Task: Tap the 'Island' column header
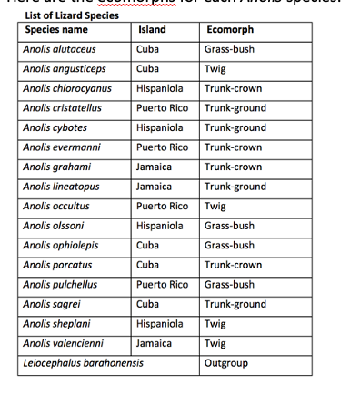pyautogui.click(x=150, y=30)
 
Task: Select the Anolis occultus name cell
pyautogui.click(x=56, y=207)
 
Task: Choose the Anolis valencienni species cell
pyautogui.click(x=63, y=344)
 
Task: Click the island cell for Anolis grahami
pyautogui.click(x=154, y=167)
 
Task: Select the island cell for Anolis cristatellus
pyautogui.click(x=161, y=108)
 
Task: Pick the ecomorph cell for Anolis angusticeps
pyautogui.click(x=215, y=68)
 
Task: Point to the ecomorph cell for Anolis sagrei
pyautogui.click(x=235, y=305)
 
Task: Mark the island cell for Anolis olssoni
pyautogui.click(x=160, y=226)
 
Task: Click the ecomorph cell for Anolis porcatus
pyautogui.click(x=233, y=265)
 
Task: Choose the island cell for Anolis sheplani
pyautogui.click(x=160, y=324)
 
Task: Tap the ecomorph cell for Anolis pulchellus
pyautogui.click(x=229, y=285)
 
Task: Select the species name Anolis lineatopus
pyautogui.click(x=60, y=187)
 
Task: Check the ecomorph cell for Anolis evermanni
pyautogui.click(x=233, y=147)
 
